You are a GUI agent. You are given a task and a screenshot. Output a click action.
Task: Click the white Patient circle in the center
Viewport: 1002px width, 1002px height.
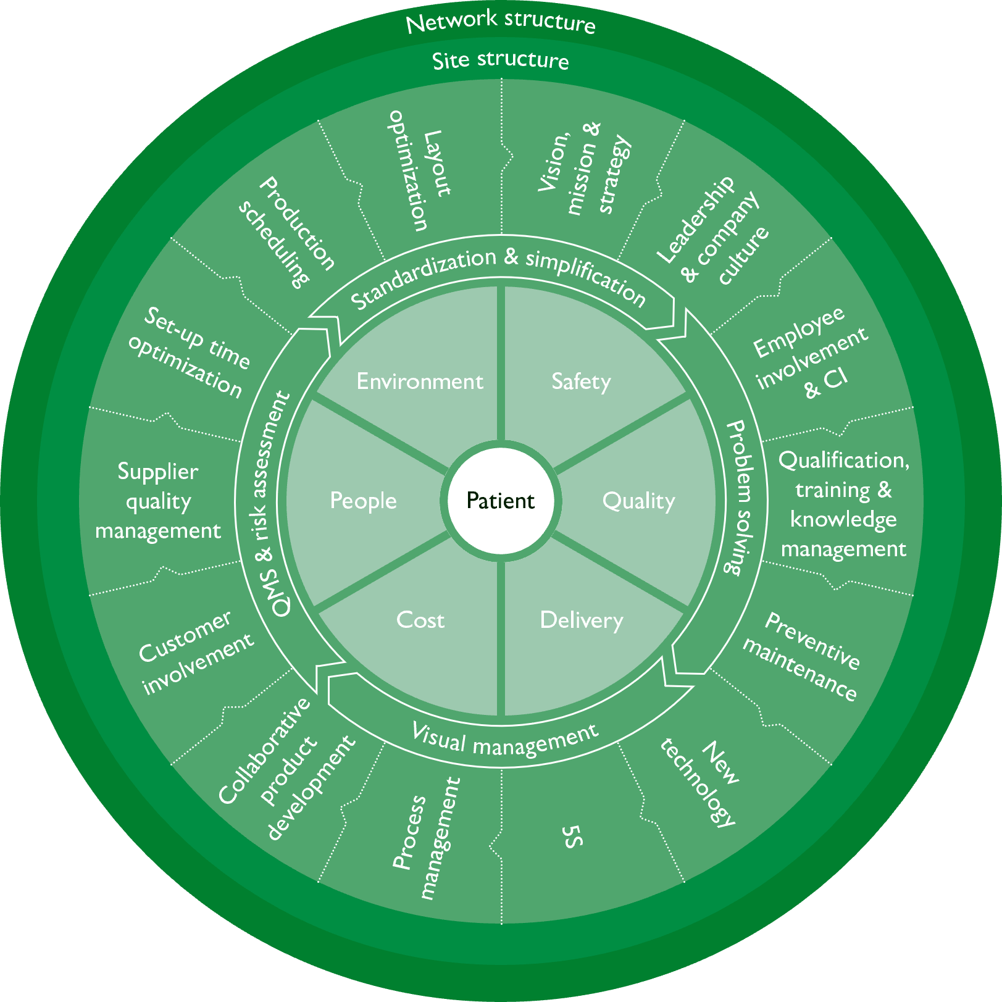pyautogui.click(x=501, y=500)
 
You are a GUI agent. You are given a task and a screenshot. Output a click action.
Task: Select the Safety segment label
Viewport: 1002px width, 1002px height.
pyautogui.click(x=581, y=382)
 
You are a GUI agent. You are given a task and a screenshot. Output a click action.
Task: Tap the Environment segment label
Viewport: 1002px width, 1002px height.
pyautogui.click(x=420, y=382)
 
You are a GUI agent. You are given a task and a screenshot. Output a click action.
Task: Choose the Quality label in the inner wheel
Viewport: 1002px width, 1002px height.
pyautogui.click(x=638, y=501)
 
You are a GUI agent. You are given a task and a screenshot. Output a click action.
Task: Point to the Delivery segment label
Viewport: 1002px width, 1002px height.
pyautogui.click(x=581, y=620)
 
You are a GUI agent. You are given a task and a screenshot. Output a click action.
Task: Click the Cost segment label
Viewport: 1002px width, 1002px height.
pyautogui.click(x=420, y=620)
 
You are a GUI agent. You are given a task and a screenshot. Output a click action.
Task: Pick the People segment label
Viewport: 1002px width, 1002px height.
pyautogui.click(x=363, y=501)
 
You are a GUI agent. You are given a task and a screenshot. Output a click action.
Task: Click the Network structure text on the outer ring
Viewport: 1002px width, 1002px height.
pyautogui.click(x=501, y=22)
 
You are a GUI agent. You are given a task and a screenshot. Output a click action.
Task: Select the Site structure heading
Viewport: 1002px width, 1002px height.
pyautogui.click(x=501, y=61)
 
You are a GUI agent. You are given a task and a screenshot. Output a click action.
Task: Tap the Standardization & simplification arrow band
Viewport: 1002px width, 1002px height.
pyautogui.click(x=498, y=275)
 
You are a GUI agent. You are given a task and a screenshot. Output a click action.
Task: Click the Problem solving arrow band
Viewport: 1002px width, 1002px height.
pyautogui.click(x=740, y=498)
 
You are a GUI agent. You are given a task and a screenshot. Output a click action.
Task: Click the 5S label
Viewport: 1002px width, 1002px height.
pyautogui.click(x=572, y=837)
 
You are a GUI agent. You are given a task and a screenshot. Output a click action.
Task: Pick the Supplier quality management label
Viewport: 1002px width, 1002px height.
pyautogui.click(x=158, y=501)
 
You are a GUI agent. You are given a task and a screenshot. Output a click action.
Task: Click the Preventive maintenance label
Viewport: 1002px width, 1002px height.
pyautogui.click(x=801, y=657)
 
